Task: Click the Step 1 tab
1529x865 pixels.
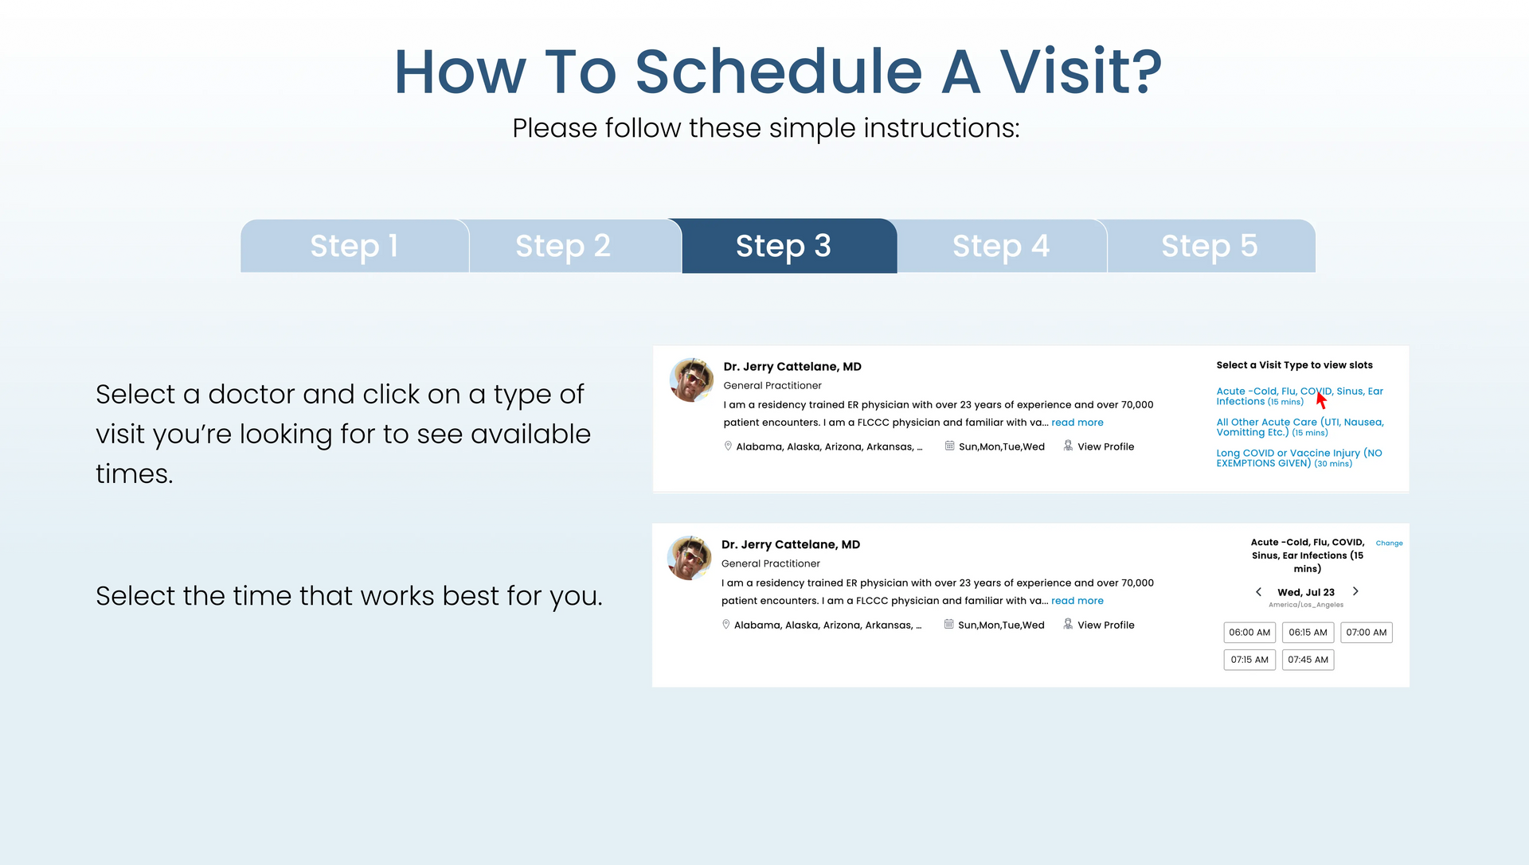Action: (x=354, y=246)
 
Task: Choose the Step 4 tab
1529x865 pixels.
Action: (x=1002, y=246)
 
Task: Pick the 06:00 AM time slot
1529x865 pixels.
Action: (x=1249, y=633)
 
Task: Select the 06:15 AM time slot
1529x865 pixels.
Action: (x=1308, y=633)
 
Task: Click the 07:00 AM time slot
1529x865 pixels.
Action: (x=1367, y=633)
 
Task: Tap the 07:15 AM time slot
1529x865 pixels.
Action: (x=1249, y=660)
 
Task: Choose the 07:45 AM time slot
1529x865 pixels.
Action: (x=1308, y=660)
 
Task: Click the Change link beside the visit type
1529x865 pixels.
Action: (x=1389, y=544)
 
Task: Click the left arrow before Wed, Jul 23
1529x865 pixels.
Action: (x=1258, y=592)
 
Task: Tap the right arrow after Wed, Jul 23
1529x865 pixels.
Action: (x=1355, y=591)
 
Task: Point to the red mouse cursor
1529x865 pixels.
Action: (x=1320, y=399)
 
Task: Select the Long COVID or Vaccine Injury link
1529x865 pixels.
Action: (x=1299, y=458)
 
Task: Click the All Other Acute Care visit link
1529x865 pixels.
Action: (x=1300, y=427)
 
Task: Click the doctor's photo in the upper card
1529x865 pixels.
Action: (x=692, y=380)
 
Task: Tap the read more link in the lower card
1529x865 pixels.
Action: (x=1077, y=601)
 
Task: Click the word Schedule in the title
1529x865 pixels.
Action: (x=778, y=72)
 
